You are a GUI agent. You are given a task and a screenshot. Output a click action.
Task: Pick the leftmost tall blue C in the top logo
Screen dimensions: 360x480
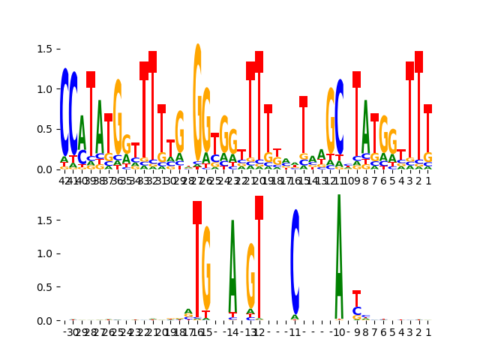tap(64, 112)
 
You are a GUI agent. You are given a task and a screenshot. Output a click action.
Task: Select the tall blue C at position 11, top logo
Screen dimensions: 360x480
tap(339, 120)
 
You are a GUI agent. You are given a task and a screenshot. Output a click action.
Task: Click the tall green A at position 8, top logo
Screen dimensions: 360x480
tap(365, 131)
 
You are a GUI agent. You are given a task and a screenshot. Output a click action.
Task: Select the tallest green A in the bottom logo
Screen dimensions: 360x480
tap(339, 255)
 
